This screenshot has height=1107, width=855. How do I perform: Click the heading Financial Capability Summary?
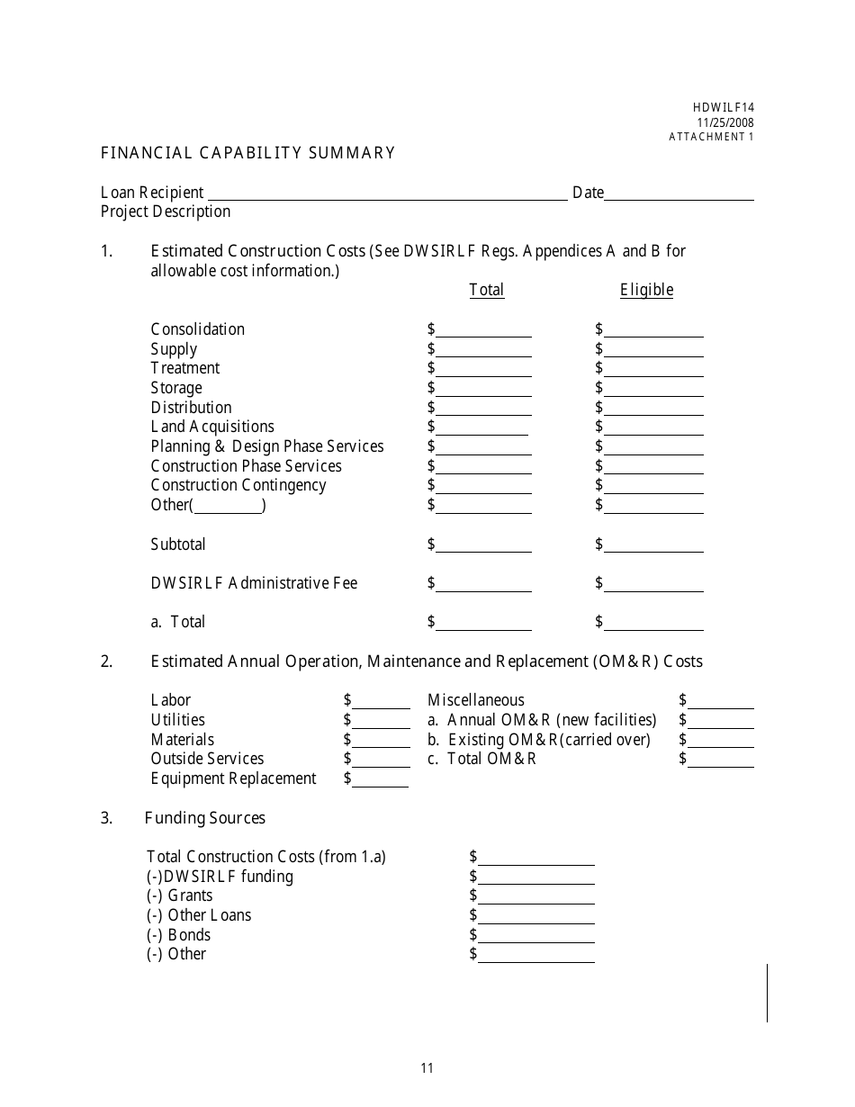247,153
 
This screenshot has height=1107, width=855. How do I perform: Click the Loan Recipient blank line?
387,193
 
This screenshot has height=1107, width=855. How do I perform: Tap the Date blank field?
679,193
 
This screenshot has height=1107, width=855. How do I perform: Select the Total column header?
486,290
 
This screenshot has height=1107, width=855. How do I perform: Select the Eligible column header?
646,290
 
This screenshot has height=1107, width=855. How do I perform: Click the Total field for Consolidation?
483,330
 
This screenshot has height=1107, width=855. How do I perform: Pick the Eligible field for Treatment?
653,369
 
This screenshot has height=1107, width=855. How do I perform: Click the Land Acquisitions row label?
212,427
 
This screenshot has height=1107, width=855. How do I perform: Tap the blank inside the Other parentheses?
228,506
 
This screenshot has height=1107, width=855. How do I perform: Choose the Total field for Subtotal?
483,545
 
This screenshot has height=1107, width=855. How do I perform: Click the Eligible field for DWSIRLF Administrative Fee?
653,584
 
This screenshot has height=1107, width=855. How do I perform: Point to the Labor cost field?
381,701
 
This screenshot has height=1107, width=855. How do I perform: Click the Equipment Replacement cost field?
381,779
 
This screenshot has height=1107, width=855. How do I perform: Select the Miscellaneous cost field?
721,701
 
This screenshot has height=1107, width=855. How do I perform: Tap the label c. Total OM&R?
481,759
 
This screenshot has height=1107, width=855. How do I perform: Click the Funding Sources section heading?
204,818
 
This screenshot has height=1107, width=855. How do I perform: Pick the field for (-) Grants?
535,896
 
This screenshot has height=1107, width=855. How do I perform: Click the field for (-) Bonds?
535,936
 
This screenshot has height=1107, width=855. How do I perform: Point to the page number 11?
427,1068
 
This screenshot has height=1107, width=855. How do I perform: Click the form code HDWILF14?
724,107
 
